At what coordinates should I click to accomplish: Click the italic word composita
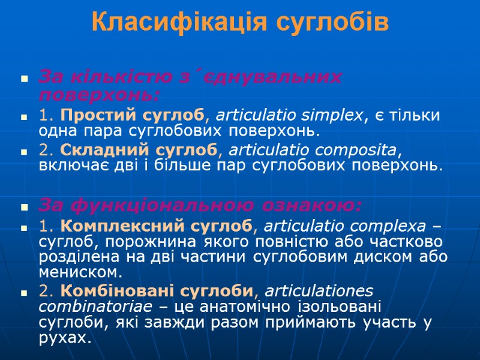click(x=361, y=149)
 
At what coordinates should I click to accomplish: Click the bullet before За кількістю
click(x=25, y=79)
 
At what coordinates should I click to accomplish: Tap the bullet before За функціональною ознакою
click(x=25, y=208)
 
